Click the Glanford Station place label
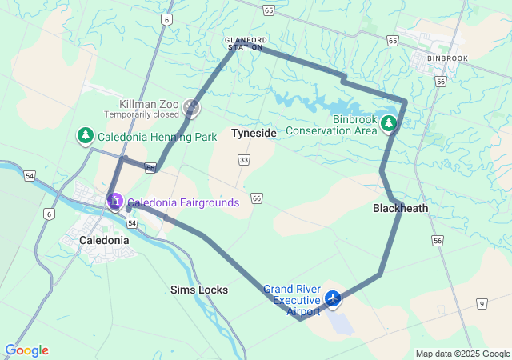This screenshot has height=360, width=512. click(x=245, y=43)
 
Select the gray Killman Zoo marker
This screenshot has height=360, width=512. click(x=190, y=106)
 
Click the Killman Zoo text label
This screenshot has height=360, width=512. click(x=150, y=104)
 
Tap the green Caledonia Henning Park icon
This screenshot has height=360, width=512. click(x=85, y=136)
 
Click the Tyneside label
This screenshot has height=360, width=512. click(x=254, y=133)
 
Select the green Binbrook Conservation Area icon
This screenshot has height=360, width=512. click(x=389, y=123)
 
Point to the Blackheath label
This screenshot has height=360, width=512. click(x=400, y=208)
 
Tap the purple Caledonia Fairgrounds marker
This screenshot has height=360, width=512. click(x=114, y=201)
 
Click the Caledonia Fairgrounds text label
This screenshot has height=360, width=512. click(x=183, y=202)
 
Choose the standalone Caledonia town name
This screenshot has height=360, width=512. click(x=104, y=239)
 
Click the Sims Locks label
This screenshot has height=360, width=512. click(x=199, y=290)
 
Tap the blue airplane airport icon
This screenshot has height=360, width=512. click(x=333, y=298)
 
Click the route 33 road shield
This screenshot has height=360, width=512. click(x=242, y=161)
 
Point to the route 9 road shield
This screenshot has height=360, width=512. click(x=481, y=303)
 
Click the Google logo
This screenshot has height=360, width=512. click(x=26, y=350)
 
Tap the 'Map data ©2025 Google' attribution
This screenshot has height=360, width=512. click(x=462, y=354)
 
